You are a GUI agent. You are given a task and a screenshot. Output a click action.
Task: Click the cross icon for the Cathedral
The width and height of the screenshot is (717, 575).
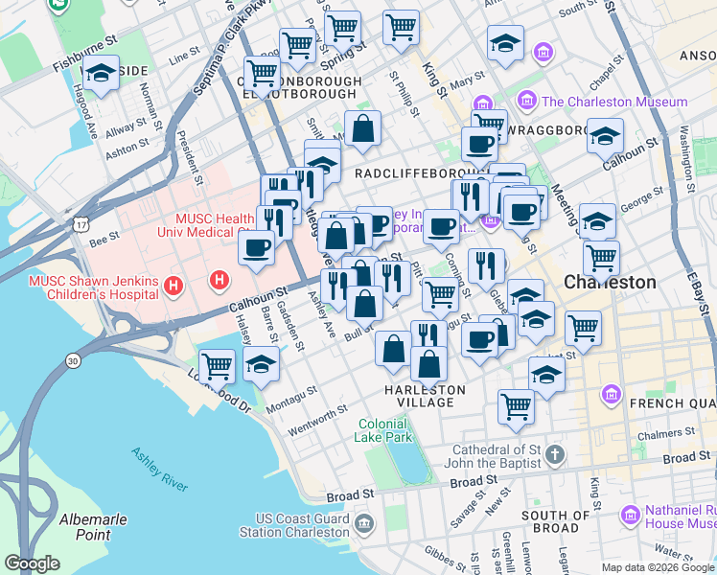point(555,452)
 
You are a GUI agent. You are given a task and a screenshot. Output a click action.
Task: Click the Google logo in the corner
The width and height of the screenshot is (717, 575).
point(32,563)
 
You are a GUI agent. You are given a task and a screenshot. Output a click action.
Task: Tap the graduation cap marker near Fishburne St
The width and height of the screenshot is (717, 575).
point(100,73)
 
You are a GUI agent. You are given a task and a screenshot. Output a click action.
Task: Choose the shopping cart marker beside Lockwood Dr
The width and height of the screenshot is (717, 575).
point(218,365)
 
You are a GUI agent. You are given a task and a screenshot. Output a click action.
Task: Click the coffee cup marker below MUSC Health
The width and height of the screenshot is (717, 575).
point(256,249)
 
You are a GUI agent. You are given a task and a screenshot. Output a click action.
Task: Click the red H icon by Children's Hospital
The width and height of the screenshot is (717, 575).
point(173,285)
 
